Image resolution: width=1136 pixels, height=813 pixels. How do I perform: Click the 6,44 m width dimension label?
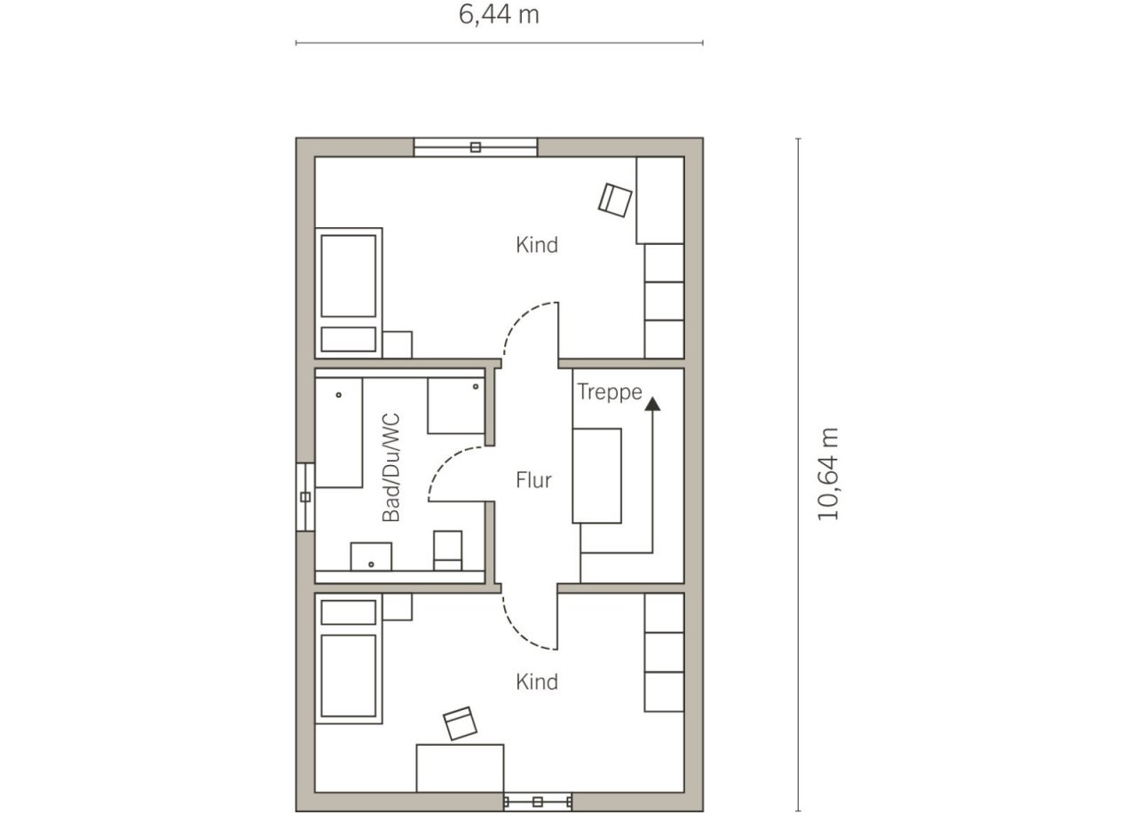pyautogui.click(x=499, y=15)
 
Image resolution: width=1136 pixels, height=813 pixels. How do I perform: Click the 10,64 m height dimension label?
pyautogui.click(x=828, y=474)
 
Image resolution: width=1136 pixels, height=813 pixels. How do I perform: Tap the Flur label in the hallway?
pyautogui.click(x=533, y=480)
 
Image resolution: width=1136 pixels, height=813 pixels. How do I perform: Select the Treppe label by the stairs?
pyautogui.click(x=610, y=391)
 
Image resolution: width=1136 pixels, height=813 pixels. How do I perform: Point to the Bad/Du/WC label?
pyautogui.click(x=391, y=468)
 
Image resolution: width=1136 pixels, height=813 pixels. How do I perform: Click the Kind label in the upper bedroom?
pyautogui.click(x=537, y=245)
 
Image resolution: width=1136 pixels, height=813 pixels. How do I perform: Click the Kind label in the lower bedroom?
pyautogui.click(x=537, y=683)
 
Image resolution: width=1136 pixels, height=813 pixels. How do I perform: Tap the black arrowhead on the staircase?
pyautogui.click(x=652, y=404)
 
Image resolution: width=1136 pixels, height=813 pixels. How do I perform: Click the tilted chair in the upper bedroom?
pyautogui.click(x=615, y=201)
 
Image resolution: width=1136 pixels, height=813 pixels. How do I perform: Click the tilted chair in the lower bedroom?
pyautogui.click(x=460, y=723)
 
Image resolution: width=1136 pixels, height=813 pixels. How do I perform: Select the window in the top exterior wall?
pyautogui.click(x=475, y=147)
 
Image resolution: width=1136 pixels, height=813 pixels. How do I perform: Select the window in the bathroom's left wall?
pyautogui.click(x=305, y=497)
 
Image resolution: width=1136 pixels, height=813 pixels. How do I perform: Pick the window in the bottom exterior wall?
pyautogui.click(x=538, y=801)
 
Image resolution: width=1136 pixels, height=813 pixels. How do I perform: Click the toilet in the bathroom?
pyautogui.click(x=448, y=551)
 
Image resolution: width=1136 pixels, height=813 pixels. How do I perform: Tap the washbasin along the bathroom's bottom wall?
pyautogui.click(x=371, y=556)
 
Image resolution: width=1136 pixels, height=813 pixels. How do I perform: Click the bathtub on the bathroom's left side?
pyautogui.click(x=339, y=432)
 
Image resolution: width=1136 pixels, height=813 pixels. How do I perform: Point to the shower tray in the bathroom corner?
pyautogui.click(x=456, y=406)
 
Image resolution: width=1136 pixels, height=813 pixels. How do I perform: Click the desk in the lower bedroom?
pyautogui.click(x=460, y=769)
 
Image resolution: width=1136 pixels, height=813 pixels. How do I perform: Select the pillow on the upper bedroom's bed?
pyautogui.click(x=349, y=339)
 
